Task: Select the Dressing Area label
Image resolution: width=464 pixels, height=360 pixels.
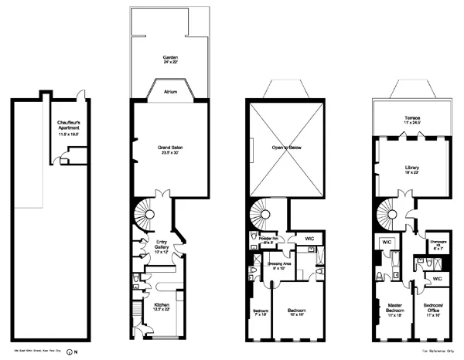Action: click(x=279, y=267)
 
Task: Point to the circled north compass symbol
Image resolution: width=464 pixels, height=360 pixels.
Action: click(x=70, y=352)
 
